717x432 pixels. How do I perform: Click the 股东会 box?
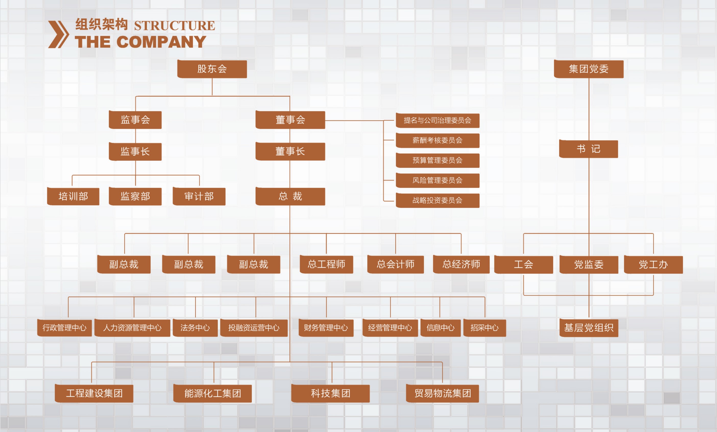212,69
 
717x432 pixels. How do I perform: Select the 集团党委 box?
589,69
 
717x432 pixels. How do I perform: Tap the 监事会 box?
135,120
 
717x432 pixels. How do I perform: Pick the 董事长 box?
290,151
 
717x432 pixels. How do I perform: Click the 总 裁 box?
290,196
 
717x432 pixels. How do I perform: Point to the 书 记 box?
589,149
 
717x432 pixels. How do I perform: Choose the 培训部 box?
73,196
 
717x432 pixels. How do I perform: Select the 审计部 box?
199,196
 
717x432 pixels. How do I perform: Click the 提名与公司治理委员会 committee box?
438,121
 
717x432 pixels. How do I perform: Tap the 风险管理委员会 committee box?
438,180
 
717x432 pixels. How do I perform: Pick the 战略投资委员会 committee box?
438,201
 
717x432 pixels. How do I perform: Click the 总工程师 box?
327,265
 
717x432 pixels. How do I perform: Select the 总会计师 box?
396,265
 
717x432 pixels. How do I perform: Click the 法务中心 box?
195,328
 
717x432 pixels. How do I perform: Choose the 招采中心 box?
484,328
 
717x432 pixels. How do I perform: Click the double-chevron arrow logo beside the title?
58,34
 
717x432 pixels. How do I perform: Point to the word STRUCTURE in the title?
175,26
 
